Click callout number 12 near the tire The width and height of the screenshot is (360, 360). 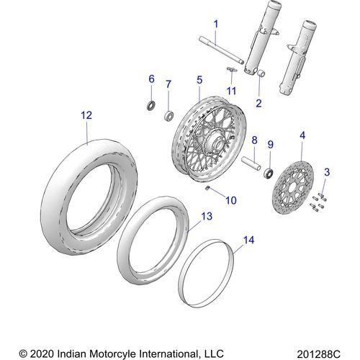(x=86, y=114)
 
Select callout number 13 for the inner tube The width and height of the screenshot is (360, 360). (x=206, y=215)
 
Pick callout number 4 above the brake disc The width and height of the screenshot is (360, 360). (x=301, y=135)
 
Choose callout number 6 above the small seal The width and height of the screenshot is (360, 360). (x=151, y=78)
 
